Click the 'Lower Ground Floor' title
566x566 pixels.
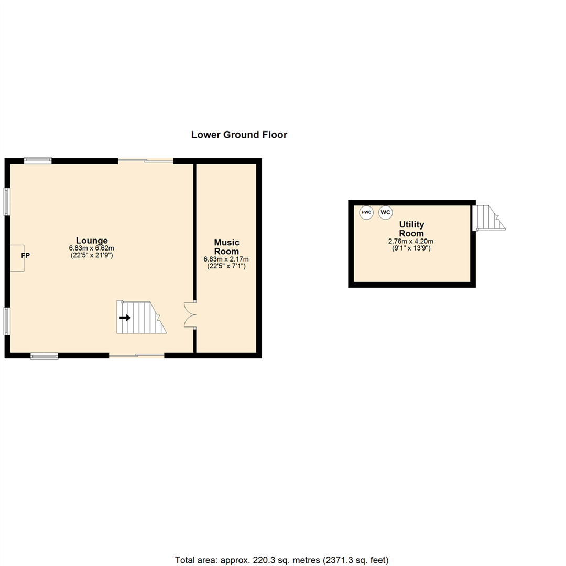tap(239, 135)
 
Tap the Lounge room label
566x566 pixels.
tap(91, 241)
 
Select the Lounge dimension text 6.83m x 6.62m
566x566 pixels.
tap(91, 248)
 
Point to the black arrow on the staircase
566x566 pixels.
tap(125, 318)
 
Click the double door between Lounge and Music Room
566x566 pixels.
tap(190, 314)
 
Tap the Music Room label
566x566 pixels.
tap(226, 246)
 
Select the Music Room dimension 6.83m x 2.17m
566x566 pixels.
tap(226, 259)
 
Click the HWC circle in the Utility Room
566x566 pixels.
tap(366, 212)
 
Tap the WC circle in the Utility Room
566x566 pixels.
tap(385, 212)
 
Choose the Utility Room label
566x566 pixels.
tap(411, 228)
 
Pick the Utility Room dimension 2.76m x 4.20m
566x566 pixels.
tap(411, 241)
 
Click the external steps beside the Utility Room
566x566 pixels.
tap(487, 217)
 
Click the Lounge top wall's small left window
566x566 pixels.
tap(38, 160)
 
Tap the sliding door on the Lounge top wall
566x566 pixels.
tap(145, 160)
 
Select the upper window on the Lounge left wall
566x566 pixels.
tap(7, 201)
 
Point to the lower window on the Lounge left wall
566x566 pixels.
tap(7, 321)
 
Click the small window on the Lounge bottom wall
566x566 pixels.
tap(44, 356)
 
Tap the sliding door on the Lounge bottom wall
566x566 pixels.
tap(137, 356)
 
